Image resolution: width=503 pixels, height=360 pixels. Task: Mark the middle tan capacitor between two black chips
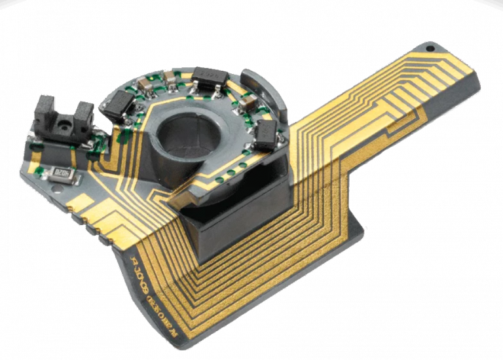(x=170, y=79)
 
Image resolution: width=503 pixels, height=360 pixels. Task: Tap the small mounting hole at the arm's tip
(x=430, y=48)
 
